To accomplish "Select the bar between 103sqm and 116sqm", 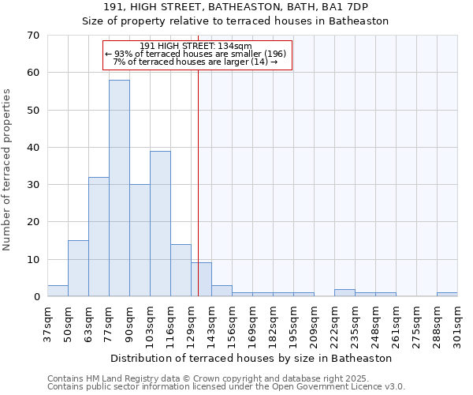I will (x=160, y=224).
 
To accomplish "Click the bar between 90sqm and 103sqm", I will (x=140, y=240).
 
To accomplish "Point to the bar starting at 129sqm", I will (x=201, y=280).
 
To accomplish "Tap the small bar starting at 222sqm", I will (x=345, y=293).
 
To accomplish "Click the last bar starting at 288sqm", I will (x=447, y=295).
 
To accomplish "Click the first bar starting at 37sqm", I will (x=58, y=291).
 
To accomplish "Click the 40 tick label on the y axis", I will (x=32, y=148).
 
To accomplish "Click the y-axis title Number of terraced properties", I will (x=8, y=170).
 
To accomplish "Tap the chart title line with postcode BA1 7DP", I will (x=236, y=6).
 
